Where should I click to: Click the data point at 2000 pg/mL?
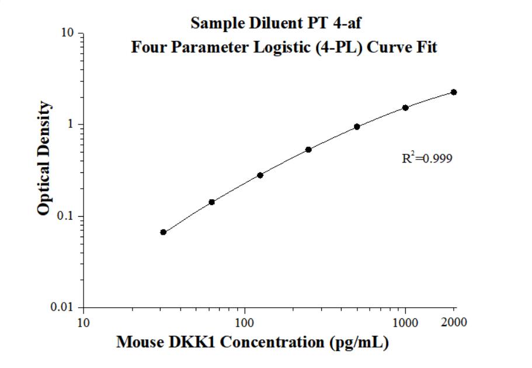pyautogui.click(x=454, y=92)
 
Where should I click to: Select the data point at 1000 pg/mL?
pyautogui.click(x=405, y=107)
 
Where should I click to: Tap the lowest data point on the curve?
pyautogui.click(x=164, y=232)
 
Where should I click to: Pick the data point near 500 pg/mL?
pyautogui.click(x=357, y=127)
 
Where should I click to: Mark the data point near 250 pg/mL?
pyautogui.click(x=308, y=150)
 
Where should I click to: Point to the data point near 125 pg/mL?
pyautogui.click(x=260, y=175)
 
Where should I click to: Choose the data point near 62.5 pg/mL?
pyautogui.click(x=212, y=202)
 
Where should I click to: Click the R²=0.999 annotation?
pyautogui.click(x=427, y=158)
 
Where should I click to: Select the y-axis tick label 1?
pyautogui.click(x=71, y=124)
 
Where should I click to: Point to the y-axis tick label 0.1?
pyautogui.click(x=66, y=216)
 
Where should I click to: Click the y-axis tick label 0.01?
pyautogui.click(x=64, y=307)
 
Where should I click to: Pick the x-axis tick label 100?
pyautogui.click(x=245, y=322)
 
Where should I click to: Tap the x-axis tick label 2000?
pyautogui.click(x=454, y=322)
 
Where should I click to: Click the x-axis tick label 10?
pyautogui.click(x=84, y=322)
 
